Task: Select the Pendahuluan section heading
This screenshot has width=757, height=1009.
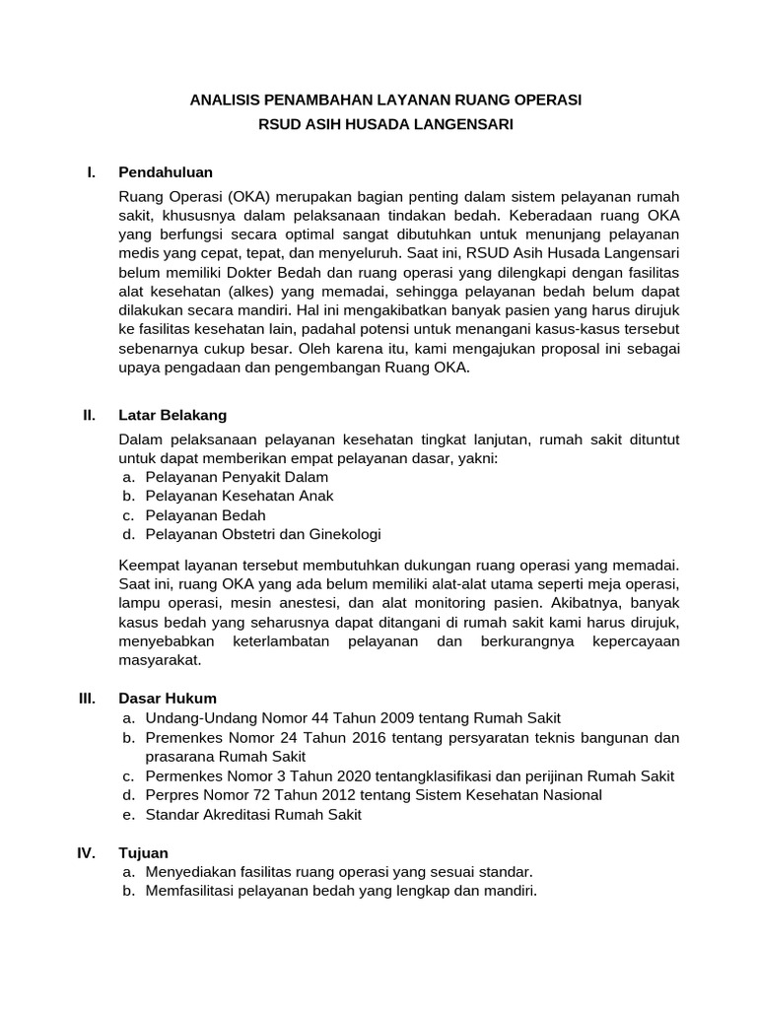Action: pos(166,172)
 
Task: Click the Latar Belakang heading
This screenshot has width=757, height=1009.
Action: pos(172,415)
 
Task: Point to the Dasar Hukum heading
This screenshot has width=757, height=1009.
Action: pos(167,699)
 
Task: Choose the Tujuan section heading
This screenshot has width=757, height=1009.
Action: pos(143,852)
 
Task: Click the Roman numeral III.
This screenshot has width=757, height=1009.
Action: pos(87,699)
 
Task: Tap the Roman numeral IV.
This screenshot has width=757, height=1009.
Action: pos(86,852)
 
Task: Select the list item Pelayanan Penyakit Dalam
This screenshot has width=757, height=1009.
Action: pos(237,477)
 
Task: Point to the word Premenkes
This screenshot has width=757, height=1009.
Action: pos(183,737)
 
